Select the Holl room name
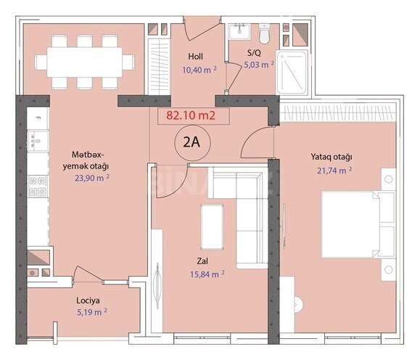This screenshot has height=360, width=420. coord(195,56)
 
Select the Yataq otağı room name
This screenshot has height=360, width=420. coord(331,157)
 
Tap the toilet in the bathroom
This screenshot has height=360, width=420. coord(265,33)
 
